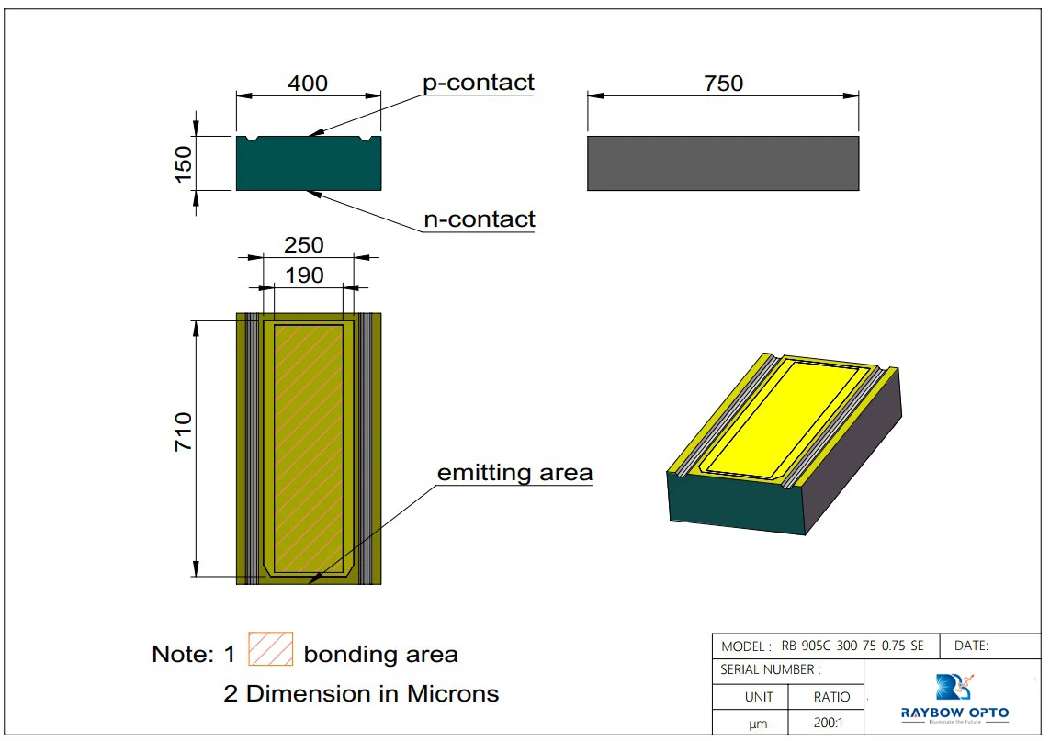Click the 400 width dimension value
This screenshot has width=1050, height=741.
pos(308,84)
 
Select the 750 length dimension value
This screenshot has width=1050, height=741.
pos(723,84)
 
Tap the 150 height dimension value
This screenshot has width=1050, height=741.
pos(183,163)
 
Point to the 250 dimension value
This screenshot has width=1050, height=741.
pos(304,245)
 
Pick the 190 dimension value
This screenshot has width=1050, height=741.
pos(304,275)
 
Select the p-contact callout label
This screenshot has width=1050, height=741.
pos(478,83)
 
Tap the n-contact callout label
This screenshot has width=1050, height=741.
pos(479,219)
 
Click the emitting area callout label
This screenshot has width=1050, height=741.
pos(514,473)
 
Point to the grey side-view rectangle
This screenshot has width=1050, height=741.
pos(723,163)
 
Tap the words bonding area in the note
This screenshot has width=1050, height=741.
pos(380,655)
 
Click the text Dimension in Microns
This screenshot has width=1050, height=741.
pos(372,693)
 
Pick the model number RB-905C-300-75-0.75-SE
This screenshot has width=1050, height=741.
pos(852,646)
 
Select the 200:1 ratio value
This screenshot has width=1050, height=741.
pos(832,724)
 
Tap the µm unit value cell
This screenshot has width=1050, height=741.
pos(758,724)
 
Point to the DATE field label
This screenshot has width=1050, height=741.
pos(971,646)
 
